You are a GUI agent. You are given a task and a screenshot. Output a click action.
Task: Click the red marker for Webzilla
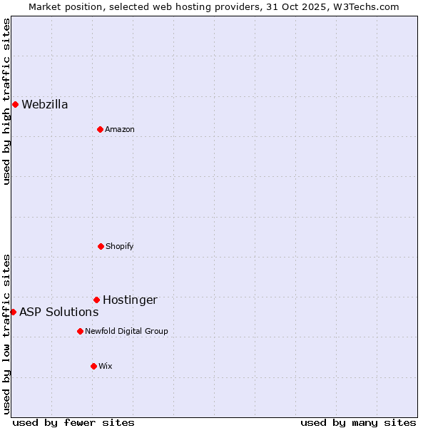15,104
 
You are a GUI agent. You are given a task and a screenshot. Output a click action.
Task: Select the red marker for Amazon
100,129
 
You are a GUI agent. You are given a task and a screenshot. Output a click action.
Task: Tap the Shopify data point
101,246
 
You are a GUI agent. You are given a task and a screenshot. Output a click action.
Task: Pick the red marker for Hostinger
96,300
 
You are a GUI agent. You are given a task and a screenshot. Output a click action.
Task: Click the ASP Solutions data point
13,312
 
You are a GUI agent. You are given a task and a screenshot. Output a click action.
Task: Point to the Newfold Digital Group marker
80,331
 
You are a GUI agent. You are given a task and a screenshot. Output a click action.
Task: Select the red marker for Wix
93,366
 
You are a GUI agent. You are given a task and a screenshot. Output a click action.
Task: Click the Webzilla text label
45,105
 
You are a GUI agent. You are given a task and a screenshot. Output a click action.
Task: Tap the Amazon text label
120,130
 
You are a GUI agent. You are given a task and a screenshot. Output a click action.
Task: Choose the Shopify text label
119,247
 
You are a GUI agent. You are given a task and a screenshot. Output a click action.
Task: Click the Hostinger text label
130,300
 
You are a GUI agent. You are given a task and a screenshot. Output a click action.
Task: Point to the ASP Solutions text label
58,312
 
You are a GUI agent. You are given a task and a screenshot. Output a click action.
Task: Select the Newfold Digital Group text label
126,332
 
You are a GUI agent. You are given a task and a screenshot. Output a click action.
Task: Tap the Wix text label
106,367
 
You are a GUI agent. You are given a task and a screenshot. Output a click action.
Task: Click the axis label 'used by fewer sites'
73,422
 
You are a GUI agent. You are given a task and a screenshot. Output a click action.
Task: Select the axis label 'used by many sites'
358,422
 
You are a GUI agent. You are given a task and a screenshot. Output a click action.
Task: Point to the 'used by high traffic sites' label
6,101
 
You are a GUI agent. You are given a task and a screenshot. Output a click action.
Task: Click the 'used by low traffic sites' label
6,334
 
